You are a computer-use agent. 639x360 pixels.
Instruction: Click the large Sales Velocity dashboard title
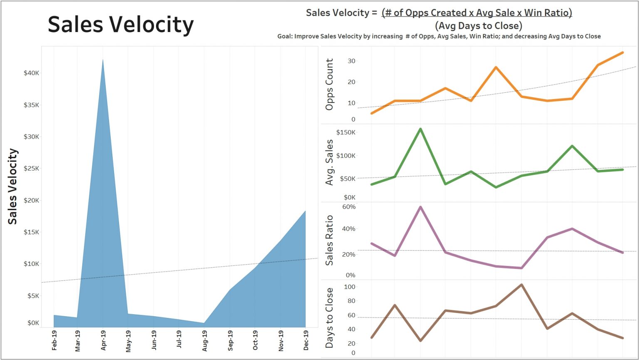pos(121,25)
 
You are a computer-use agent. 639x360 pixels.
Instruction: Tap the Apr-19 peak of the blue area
pos(103,60)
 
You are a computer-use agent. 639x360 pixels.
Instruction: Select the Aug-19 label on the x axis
pos(205,341)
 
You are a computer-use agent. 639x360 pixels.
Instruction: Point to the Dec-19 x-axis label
pos(306,340)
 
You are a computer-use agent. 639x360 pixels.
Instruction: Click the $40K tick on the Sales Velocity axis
pos(31,73)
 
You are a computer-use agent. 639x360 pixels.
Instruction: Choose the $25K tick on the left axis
pos(31,169)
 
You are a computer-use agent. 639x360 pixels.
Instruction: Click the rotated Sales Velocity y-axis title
pos(13,186)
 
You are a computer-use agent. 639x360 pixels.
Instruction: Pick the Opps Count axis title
pos(329,84)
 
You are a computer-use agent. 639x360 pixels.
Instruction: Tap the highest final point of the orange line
pos(622,52)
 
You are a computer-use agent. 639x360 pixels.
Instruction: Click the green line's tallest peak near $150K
pos(421,129)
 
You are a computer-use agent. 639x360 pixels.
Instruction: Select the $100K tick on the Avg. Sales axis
pos(346,156)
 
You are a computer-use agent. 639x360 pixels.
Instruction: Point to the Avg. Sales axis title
pos(329,162)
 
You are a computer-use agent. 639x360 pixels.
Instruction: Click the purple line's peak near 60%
pos(421,207)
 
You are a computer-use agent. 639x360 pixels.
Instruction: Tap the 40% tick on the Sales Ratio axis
pos(349,229)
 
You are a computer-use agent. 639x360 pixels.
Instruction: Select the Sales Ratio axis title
pos(329,240)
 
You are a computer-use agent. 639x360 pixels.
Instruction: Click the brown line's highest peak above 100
pos(521,285)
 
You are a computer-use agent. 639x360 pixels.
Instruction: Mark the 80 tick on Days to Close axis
pos(351,301)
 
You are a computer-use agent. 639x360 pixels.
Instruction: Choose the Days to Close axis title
pos(329,318)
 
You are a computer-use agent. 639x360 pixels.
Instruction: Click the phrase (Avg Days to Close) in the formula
pos(478,26)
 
